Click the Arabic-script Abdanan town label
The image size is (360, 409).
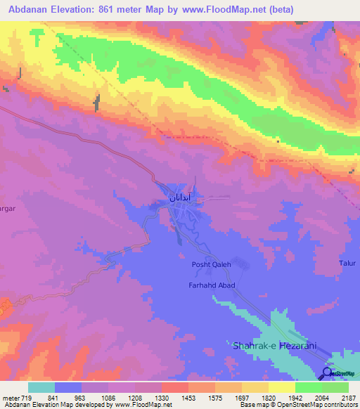coord(181,199)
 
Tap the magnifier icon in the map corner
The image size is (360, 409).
coord(328,372)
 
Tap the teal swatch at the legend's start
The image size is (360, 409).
coord(41,387)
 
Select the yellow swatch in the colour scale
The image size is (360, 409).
coord(282,387)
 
